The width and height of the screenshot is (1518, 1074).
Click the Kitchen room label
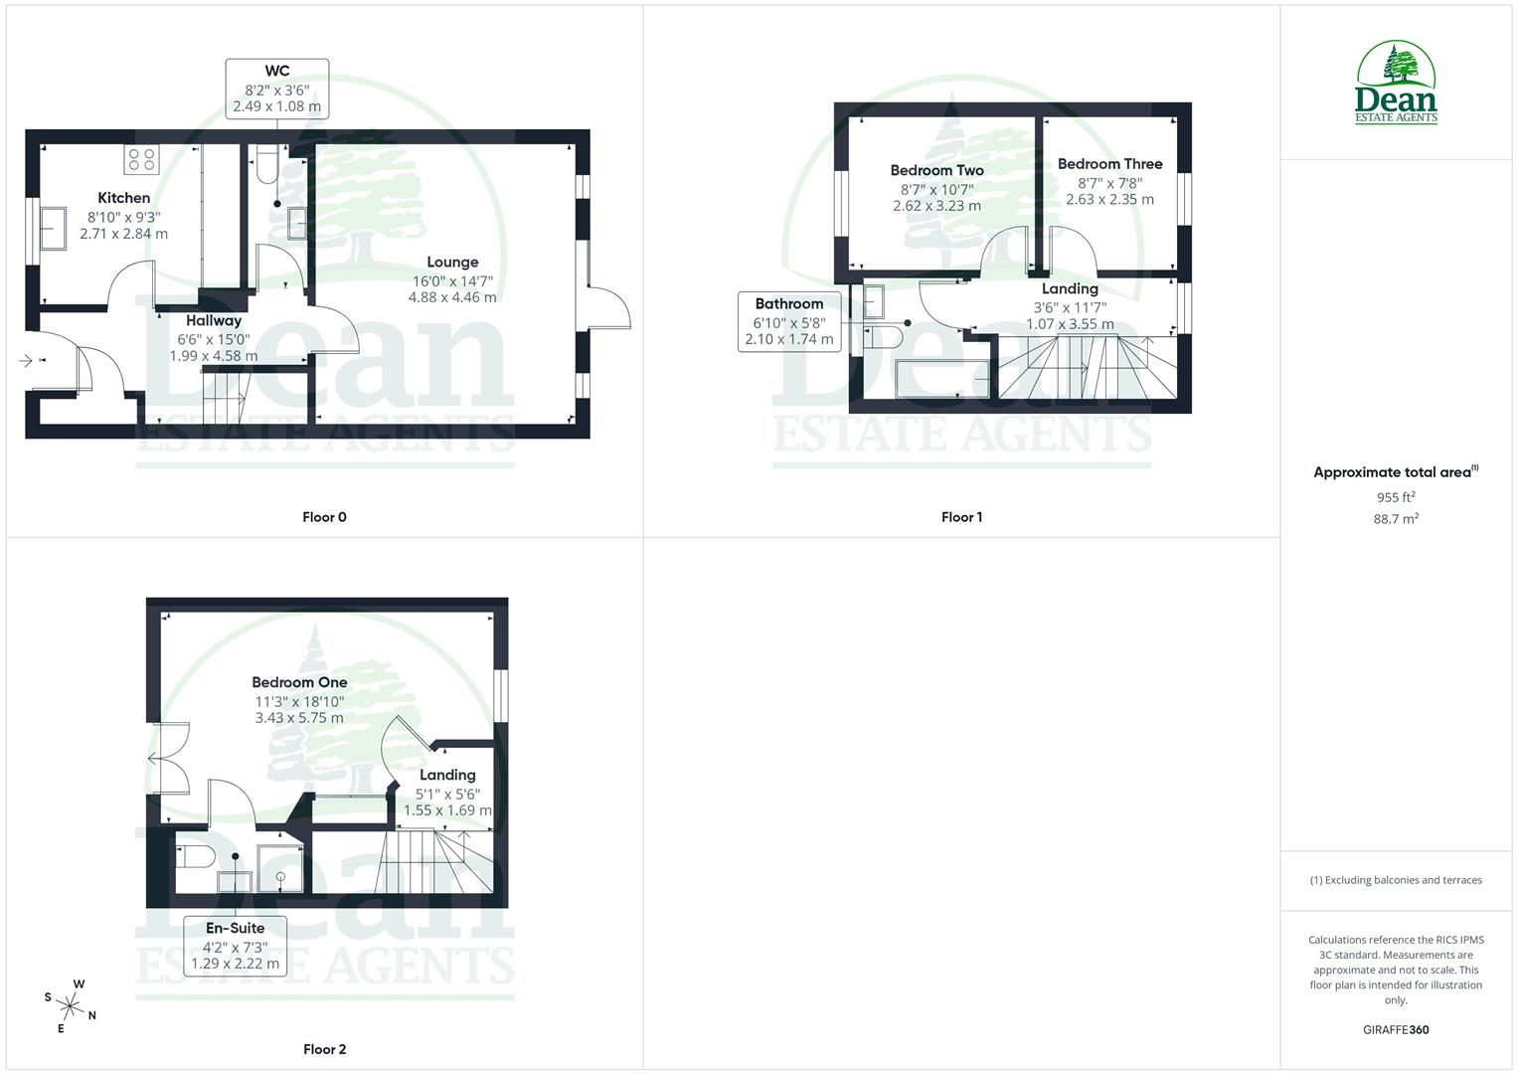[x=124, y=198]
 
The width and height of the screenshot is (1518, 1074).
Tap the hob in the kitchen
[x=140, y=159]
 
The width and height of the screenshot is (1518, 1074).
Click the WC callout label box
[x=277, y=89]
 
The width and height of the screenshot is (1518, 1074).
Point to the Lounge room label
[x=452, y=263]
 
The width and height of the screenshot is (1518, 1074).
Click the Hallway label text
[x=214, y=321]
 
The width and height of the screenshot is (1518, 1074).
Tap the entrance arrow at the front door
[x=27, y=360]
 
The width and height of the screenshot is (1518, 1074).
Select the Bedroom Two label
[x=936, y=170]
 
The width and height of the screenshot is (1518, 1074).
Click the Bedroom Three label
[x=1109, y=164]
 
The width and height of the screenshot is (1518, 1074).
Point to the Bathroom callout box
[x=789, y=321]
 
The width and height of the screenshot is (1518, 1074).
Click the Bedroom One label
[x=299, y=682]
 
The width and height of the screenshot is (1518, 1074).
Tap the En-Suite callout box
[x=236, y=946]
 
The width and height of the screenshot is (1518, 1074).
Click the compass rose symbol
[x=71, y=1004]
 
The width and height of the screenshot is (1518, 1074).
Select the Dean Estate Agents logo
[x=1396, y=84]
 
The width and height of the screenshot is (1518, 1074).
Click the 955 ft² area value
[x=1396, y=497]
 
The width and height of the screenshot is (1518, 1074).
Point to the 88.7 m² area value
[x=1396, y=519]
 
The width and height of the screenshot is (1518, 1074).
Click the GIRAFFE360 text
[x=1396, y=1030]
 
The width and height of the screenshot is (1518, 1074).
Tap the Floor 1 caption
[x=961, y=517]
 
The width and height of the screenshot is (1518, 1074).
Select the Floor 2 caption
[x=325, y=1049]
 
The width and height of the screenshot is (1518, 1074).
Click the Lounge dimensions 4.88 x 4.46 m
[x=452, y=297]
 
